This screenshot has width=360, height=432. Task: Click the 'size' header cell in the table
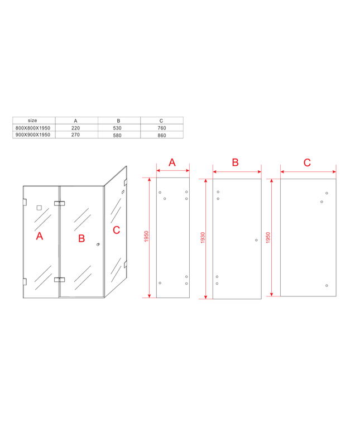[x=32, y=121]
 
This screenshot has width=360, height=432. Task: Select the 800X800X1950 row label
[x=33, y=128]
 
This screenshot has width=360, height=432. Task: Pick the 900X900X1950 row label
[x=33, y=135]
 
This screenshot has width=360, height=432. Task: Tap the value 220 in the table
[x=75, y=128]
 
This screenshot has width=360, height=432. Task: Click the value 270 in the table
[x=75, y=135]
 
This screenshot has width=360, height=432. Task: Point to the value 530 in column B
[x=117, y=128]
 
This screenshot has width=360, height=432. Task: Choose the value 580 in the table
[x=117, y=135]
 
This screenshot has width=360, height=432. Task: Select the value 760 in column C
[x=162, y=128]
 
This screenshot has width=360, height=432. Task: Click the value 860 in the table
[x=162, y=135]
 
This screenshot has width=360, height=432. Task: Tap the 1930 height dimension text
[x=203, y=238]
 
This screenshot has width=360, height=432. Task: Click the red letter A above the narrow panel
[x=172, y=162]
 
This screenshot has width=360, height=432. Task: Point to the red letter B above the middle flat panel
[x=235, y=162]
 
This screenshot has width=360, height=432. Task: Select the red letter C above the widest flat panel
[x=307, y=162]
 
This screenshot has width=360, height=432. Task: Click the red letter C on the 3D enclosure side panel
[x=117, y=230]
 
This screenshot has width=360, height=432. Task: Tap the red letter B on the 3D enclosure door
[x=81, y=238]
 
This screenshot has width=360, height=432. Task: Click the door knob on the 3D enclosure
[x=98, y=244]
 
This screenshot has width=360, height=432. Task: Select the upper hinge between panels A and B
[x=59, y=204]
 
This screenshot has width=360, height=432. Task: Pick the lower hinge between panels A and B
[x=59, y=280]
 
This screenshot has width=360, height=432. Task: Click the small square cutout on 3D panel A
[x=39, y=208]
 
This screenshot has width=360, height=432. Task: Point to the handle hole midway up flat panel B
[x=256, y=240]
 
